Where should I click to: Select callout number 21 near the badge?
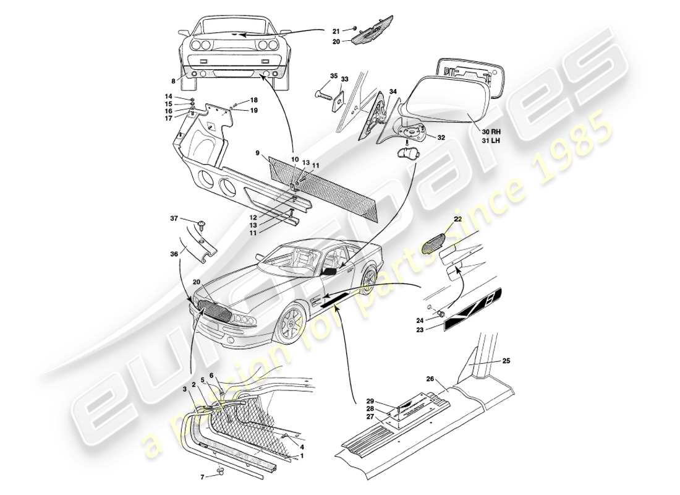coord(336,31)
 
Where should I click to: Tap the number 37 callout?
coord(174,218)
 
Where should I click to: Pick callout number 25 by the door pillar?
coord(506,360)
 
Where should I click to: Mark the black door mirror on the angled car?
coord(329,271)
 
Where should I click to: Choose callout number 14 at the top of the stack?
coord(168,97)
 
